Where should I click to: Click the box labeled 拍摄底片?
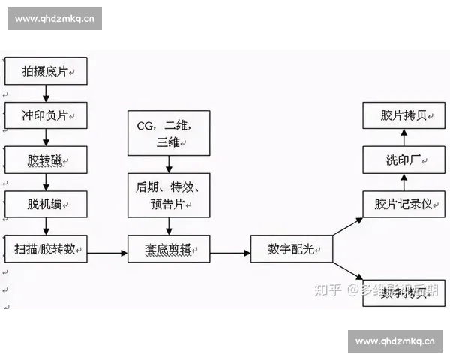coord(46,73)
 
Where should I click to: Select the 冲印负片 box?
coord(46,115)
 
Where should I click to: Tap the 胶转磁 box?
coord(46,160)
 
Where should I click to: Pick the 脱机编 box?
coord(46,203)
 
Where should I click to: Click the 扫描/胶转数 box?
coord(46,247)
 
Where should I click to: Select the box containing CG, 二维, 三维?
coord(168,133)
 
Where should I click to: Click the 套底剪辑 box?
coord(168,248)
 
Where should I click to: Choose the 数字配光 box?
coord(290,248)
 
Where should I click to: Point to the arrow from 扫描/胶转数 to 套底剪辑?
coord(107,252)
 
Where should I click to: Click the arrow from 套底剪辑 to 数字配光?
coord(229,252)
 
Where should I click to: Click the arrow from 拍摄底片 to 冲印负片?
coord(46,94)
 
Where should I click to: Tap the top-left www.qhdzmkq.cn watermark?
coord(54,19)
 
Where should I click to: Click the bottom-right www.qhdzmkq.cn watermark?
coord(395,341)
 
